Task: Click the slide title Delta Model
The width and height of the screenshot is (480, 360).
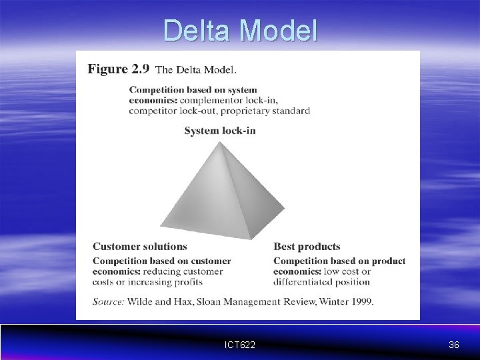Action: point(241,31)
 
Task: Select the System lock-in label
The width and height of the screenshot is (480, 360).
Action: point(220,131)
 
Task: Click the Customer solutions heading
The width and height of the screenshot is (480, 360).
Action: point(140,247)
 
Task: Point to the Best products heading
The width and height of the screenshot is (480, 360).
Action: point(307,247)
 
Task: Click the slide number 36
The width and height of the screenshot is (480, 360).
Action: point(454,345)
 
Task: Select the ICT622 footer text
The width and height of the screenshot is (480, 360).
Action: point(241,345)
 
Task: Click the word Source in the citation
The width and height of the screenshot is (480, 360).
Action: point(108,301)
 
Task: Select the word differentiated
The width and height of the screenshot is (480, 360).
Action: point(305,282)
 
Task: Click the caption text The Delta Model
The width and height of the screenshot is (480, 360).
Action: point(196,69)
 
